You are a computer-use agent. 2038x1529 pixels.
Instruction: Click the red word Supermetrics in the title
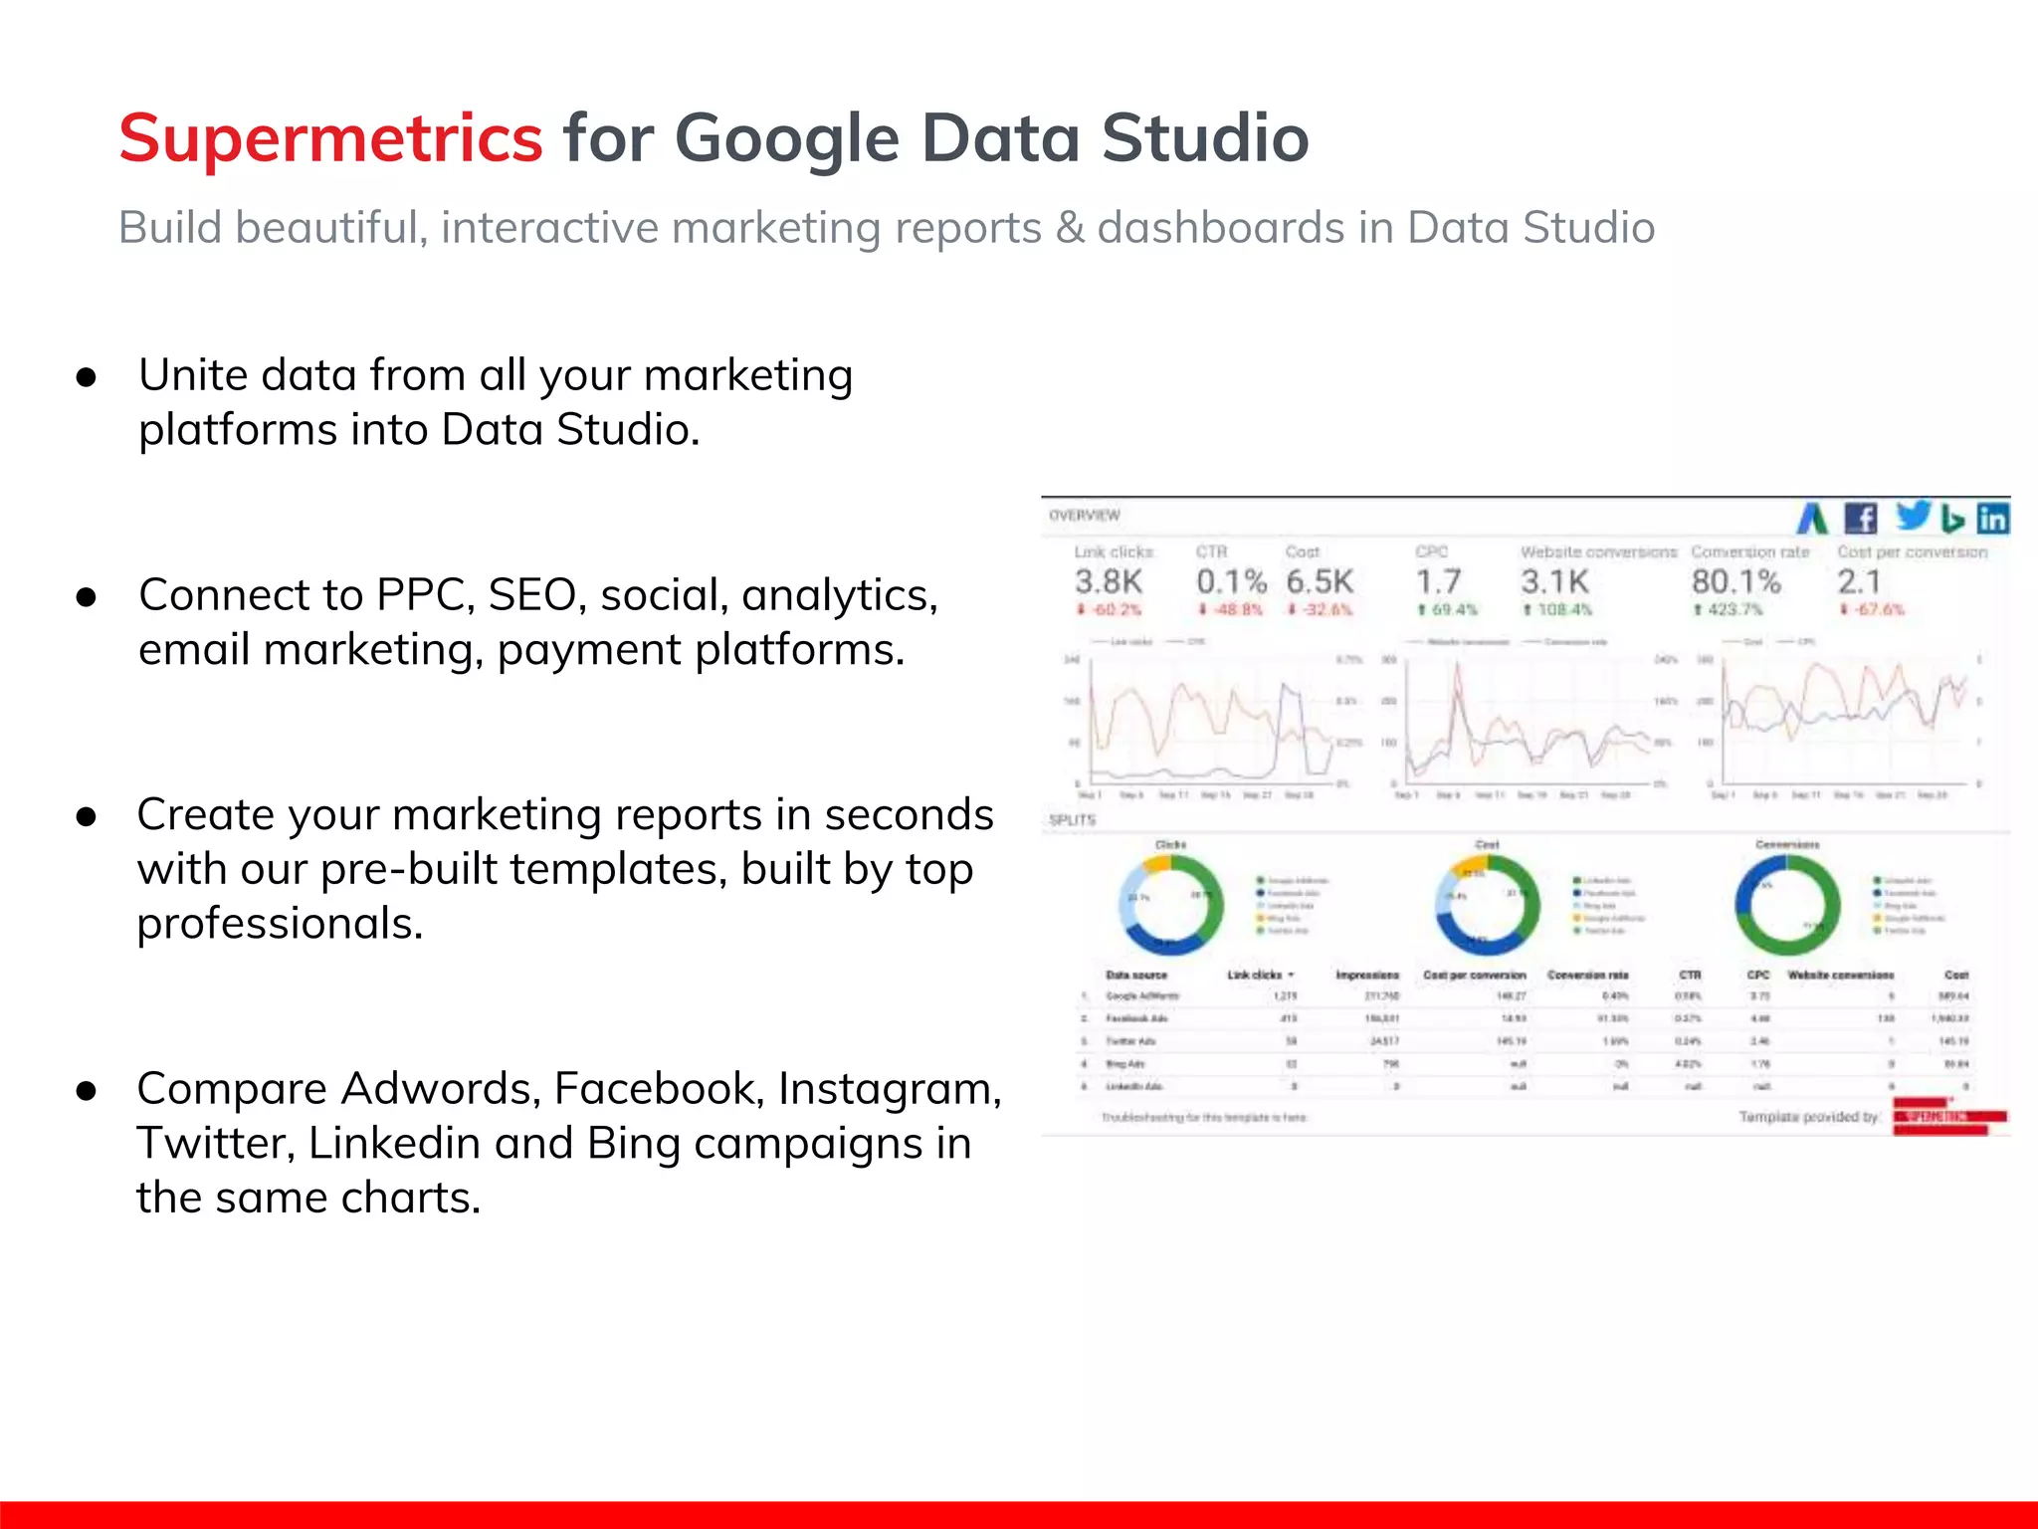pyautogui.click(x=330, y=137)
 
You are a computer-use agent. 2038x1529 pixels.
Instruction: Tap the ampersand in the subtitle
pyautogui.click(x=1070, y=228)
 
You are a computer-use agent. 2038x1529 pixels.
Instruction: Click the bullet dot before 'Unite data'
pyautogui.click(x=87, y=377)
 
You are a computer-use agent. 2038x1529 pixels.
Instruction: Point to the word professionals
pyautogui.click(x=280, y=924)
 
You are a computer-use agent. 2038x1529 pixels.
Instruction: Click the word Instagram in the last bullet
pyautogui.click(x=889, y=1088)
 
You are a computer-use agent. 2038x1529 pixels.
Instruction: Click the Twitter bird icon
pyautogui.click(x=1912, y=515)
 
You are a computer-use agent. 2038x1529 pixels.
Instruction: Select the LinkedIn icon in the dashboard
pyautogui.click(x=1992, y=519)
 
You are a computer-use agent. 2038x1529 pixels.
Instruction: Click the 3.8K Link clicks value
pyautogui.click(x=1108, y=581)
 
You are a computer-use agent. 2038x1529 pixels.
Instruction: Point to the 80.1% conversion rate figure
pyautogui.click(x=1735, y=581)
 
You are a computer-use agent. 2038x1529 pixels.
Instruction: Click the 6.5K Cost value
pyautogui.click(x=1320, y=581)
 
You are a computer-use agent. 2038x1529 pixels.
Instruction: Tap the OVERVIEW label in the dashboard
pyautogui.click(x=1084, y=515)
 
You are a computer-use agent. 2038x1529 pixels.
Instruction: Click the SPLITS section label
pyautogui.click(x=1072, y=820)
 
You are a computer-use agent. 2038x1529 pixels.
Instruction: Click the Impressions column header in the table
pyautogui.click(x=1366, y=975)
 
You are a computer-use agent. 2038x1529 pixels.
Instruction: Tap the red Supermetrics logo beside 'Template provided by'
pyautogui.click(x=1948, y=1117)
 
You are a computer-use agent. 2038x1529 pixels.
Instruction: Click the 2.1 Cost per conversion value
pyautogui.click(x=1858, y=581)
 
